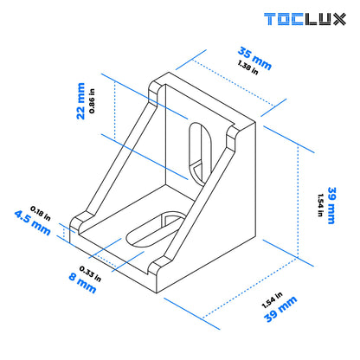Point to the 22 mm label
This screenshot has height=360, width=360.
[x=81, y=101]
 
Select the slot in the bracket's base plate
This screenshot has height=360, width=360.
[x=155, y=228]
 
